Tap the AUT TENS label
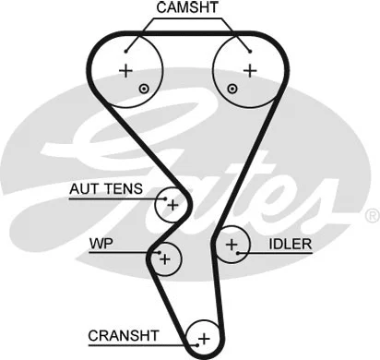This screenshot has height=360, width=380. pos(106,189)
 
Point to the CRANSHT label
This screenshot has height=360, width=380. pos(124,334)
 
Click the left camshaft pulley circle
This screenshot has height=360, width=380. pos(130,69)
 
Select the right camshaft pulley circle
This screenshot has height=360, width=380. pos(245,69)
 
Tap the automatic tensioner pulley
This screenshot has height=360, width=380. pos(171,204)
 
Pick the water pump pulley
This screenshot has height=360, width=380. pos(164,258)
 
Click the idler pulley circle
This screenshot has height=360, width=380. pos(232,245)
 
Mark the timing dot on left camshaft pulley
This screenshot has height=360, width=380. pos(144,88)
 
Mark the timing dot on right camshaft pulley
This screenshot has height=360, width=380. pos(232,88)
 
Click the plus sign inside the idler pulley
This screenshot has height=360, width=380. pos(232,245)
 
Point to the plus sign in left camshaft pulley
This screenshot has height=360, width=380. pos(125,70)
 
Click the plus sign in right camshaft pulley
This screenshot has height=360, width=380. pos(249,70)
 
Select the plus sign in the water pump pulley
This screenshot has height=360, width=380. pos(164,259)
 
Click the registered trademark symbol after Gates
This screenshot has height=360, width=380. pos(371,215)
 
